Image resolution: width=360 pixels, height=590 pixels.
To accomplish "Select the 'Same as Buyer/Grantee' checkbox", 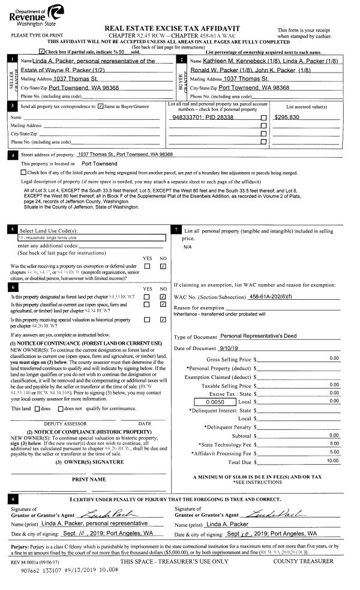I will (101, 106).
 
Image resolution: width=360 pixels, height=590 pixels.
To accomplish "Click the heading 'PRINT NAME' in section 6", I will (89, 479).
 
